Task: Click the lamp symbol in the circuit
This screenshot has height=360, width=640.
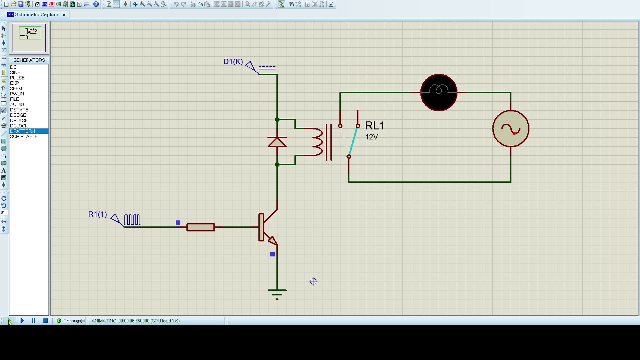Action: [439, 92]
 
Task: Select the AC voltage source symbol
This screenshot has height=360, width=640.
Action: [510, 129]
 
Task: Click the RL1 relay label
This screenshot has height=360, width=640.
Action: [375, 126]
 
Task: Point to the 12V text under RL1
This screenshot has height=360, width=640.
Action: [371, 137]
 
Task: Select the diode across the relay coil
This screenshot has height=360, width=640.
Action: [277, 142]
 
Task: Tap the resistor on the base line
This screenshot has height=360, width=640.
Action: [200, 227]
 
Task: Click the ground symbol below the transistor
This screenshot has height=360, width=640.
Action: [277, 292]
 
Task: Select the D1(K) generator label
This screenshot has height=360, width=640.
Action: [233, 62]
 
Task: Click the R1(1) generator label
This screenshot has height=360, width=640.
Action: [97, 214]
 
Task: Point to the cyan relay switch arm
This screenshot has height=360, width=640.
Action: [353, 141]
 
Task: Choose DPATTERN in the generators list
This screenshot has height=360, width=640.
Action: [22, 131]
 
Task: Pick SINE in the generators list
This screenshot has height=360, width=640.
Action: [15, 73]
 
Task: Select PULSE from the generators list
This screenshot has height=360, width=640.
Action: [17, 78]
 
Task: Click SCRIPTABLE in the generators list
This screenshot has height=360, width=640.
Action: [24, 137]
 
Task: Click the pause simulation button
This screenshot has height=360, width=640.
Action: [33, 321]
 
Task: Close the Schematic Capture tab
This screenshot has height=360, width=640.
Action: [64, 15]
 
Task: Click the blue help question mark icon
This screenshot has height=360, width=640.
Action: [96, 4]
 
